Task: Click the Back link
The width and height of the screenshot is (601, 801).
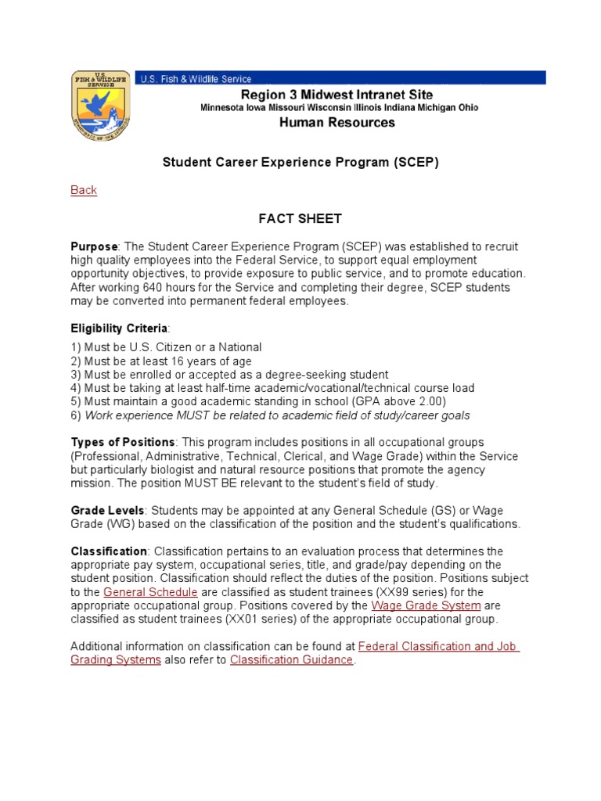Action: pos(84,190)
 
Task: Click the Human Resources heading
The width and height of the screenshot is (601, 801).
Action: pos(339,123)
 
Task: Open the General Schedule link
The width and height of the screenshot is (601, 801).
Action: pos(150,592)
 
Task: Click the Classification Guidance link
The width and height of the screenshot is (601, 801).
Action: pos(292,659)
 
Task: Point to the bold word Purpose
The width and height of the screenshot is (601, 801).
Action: pos(93,246)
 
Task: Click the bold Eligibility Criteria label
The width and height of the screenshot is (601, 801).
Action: pos(118,329)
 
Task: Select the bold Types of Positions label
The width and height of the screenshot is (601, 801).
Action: pos(122,442)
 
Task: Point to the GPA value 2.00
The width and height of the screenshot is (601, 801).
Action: pos(432,401)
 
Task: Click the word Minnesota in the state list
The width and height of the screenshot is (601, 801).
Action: pos(223,107)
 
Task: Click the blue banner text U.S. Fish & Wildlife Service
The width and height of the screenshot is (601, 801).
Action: pos(196,78)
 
